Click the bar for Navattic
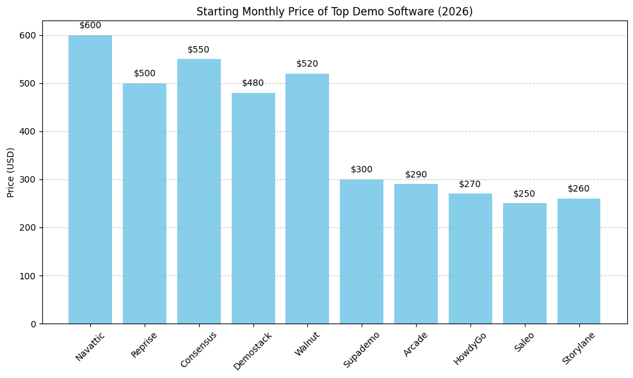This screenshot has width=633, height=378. click(x=90, y=179)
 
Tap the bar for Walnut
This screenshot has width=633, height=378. click(x=307, y=199)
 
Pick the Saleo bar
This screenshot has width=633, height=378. click(x=524, y=263)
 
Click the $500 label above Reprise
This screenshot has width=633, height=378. click(x=145, y=74)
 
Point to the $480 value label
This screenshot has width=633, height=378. click(x=253, y=83)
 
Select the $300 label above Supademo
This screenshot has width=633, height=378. click(x=362, y=170)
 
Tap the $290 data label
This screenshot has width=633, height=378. click(x=416, y=174)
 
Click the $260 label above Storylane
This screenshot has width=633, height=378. click(x=579, y=189)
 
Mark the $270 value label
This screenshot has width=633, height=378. click(x=470, y=184)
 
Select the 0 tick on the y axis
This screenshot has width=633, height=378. click(x=33, y=324)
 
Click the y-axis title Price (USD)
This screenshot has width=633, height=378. click(x=11, y=172)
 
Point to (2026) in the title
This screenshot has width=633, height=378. click(x=457, y=12)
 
